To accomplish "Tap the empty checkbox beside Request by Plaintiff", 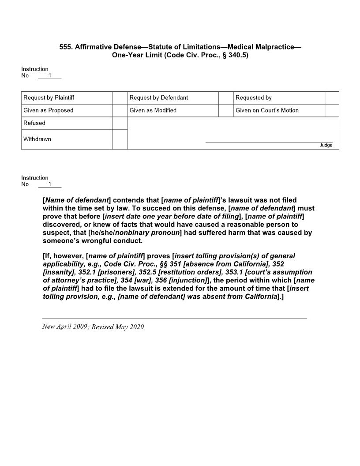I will pyautogui.click(x=120, y=98).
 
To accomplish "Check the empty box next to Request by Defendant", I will pyautogui.click(x=226, y=98).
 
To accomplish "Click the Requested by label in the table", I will pyautogui.click(x=253, y=98).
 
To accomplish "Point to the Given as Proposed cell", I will pyautogui.click(x=49, y=110).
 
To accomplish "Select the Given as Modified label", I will pyautogui.click(x=153, y=110).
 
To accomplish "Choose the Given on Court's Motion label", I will pyautogui.click(x=267, y=110).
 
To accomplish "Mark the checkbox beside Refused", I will pyautogui.click(x=120, y=123).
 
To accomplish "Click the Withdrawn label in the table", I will pyautogui.click(x=37, y=139).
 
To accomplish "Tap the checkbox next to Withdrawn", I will pyautogui.click(x=120, y=139).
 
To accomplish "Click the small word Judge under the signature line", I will pyautogui.click(x=326, y=145).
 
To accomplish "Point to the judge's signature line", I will pyautogui.click(x=269, y=142).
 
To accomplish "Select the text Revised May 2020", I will pyautogui.click(x=118, y=327).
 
